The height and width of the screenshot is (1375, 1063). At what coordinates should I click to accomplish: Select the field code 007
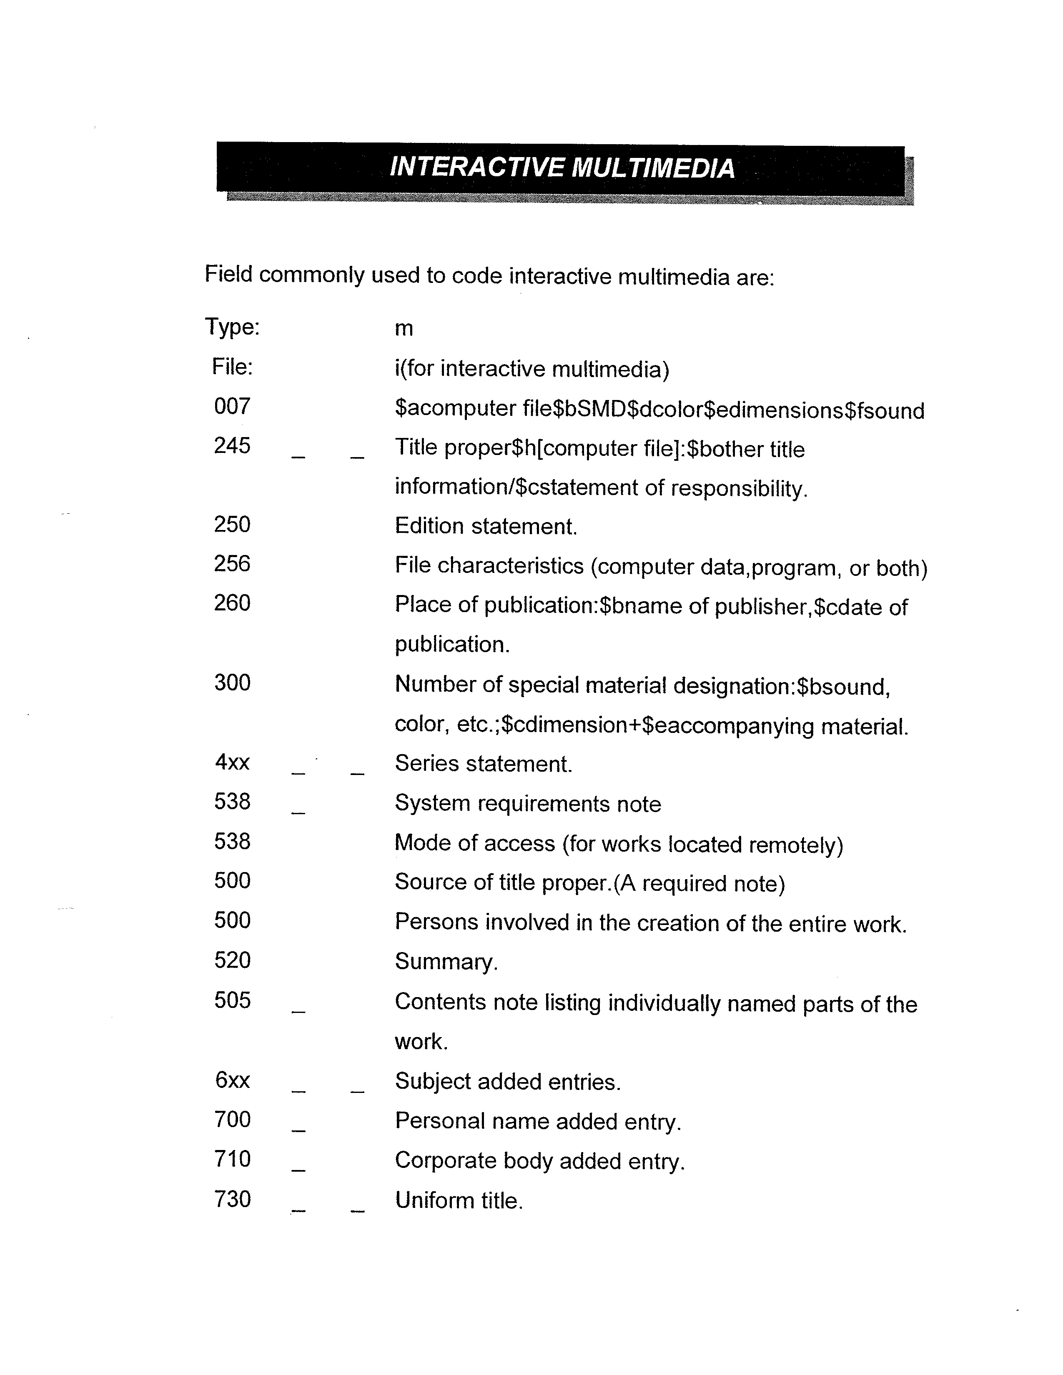(x=232, y=407)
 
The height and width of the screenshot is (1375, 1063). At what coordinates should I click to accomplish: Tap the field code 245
(x=232, y=446)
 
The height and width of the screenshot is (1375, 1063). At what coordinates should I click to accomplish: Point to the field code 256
(x=232, y=563)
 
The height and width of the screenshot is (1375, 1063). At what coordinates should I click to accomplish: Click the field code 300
(x=232, y=682)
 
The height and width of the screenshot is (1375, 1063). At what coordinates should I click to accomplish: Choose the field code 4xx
(x=232, y=762)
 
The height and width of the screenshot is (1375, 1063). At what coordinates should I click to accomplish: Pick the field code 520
(x=232, y=960)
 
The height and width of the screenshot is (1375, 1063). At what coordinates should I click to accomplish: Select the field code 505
(x=232, y=1000)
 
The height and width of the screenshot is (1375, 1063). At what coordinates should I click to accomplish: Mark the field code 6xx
(x=232, y=1080)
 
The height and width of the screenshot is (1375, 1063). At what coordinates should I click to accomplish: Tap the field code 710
(x=232, y=1159)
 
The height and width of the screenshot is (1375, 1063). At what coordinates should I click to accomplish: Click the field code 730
(x=232, y=1199)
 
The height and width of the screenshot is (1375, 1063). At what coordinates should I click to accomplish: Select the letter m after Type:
(x=404, y=329)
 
